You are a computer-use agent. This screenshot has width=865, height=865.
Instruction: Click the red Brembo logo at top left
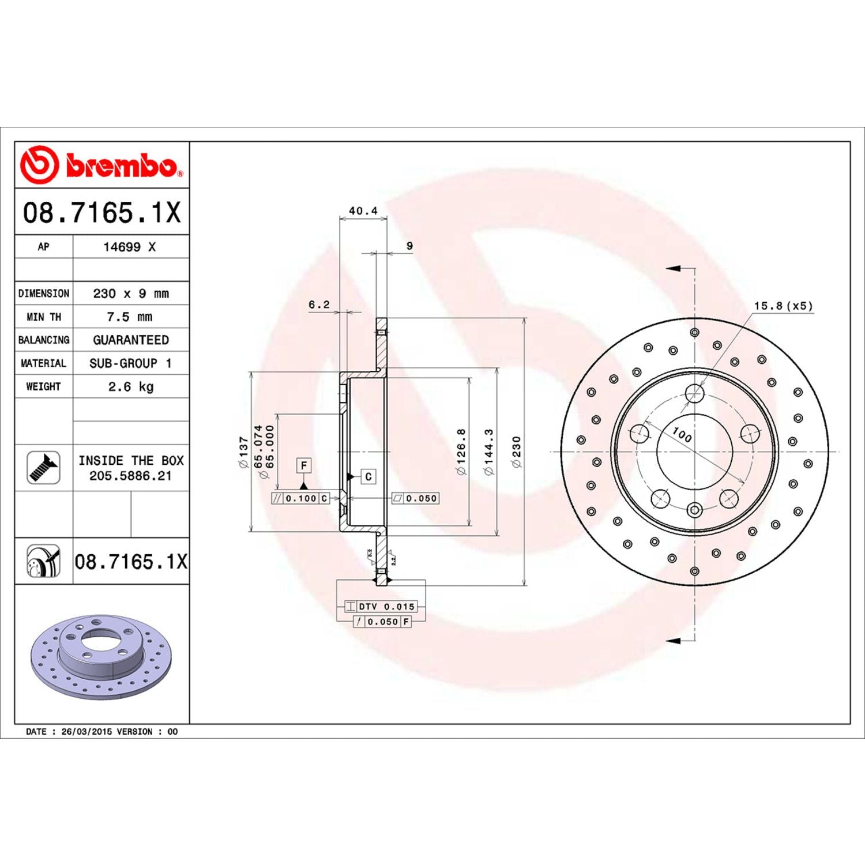101,165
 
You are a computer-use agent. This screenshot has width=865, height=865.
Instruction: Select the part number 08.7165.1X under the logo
101,212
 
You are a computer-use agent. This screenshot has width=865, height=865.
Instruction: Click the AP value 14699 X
130,247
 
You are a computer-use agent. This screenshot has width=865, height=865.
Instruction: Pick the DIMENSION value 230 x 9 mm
131,294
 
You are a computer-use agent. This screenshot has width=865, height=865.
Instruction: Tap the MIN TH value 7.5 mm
130,317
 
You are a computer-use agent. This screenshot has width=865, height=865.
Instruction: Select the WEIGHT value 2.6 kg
131,386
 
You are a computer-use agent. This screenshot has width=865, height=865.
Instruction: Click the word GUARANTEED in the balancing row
131,340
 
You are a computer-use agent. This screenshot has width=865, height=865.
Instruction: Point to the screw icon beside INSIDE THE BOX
43,468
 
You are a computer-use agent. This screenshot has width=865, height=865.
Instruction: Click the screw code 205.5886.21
130,476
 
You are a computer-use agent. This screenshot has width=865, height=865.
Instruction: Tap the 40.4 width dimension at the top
363,211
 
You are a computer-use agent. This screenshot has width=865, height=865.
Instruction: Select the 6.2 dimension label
319,304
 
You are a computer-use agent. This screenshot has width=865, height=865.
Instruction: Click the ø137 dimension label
244,452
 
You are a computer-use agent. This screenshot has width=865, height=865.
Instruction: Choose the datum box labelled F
304,465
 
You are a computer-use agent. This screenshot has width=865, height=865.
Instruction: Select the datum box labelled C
368,477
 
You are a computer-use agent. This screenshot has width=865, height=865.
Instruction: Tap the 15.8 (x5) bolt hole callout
783,306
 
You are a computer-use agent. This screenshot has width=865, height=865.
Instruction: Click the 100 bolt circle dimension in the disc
682,434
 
